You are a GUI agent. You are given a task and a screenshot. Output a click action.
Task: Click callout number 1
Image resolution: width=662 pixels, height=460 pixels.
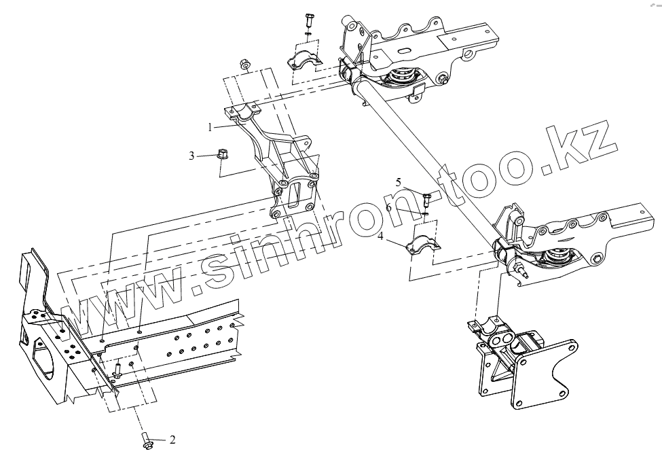tap(211, 126)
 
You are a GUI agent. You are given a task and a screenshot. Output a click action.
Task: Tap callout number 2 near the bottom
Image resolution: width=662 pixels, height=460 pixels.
tap(172, 440)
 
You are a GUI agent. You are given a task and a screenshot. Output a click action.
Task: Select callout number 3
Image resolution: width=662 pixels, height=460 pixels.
tap(192, 156)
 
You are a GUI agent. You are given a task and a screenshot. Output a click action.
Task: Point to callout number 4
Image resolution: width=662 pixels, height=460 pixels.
tap(381, 236)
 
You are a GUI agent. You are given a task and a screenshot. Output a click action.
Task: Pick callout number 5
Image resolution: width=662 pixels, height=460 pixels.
tap(399, 182)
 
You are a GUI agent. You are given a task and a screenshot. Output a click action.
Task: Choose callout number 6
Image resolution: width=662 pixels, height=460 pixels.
tap(389, 207)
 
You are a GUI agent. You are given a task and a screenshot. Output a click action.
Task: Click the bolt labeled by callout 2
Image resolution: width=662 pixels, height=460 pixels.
tap(147, 441)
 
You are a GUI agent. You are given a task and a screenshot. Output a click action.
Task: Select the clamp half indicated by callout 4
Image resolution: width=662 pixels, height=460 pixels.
tap(422, 247)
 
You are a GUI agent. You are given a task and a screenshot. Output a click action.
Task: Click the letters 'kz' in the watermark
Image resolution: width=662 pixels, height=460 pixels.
tap(584, 144)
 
